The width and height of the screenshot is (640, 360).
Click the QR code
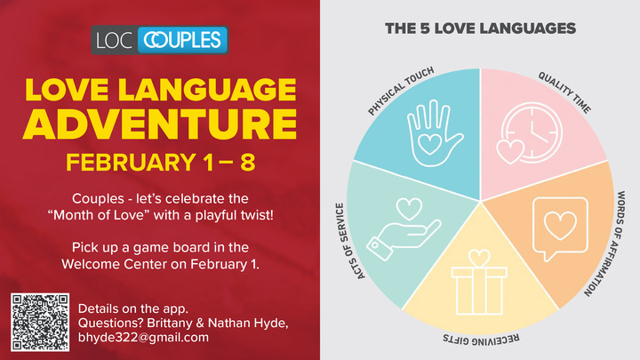pyautogui.click(x=40, y=321)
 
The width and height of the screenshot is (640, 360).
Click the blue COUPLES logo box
pyautogui.click(x=182, y=41)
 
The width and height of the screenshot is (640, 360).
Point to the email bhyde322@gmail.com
pyautogui.click(x=144, y=338)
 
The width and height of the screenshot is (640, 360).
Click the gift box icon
pyautogui.click(x=480, y=280)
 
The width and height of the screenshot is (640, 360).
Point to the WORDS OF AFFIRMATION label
pyautogui.click(x=620, y=243)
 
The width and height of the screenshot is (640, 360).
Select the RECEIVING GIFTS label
pyautogui.click(x=480, y=340)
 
